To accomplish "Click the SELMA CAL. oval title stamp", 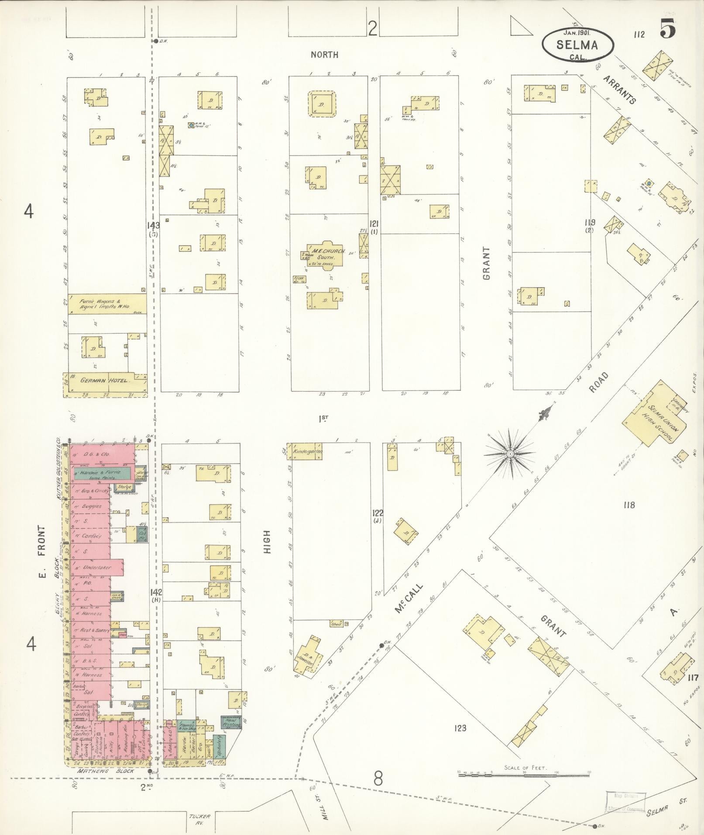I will click(577, 44).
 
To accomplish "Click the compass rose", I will click(509, 454).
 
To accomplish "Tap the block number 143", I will click(154, 225).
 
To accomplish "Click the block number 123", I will click(460, 728).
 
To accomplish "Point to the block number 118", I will click(628, 505).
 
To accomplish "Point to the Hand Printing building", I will click(231, 723).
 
